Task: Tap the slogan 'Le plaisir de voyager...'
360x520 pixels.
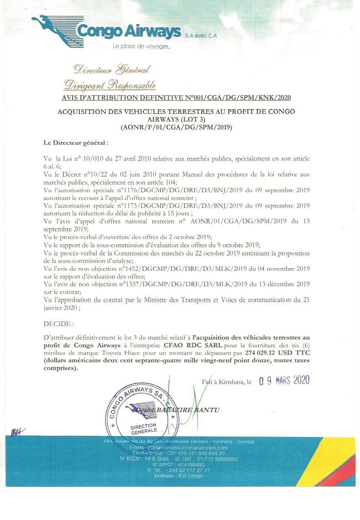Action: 141,46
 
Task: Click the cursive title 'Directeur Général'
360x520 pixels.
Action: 111,69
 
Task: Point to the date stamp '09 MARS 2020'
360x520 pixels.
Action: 284,380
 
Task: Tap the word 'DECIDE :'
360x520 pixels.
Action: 58,324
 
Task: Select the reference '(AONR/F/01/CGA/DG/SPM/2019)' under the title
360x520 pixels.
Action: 176,126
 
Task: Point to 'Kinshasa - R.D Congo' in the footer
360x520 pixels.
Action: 178,476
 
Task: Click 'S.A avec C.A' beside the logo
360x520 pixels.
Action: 201,36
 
